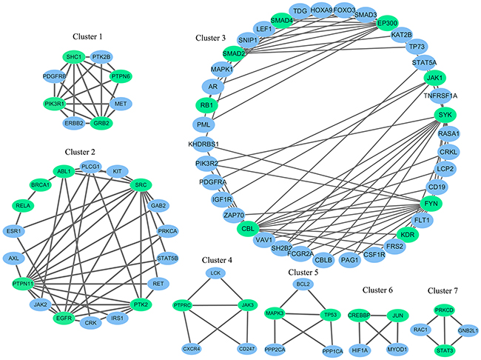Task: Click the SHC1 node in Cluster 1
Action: coord(73,57)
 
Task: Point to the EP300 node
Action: coord(388,23)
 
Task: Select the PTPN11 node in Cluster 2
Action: coord(26,284)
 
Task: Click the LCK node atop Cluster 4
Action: coord(216,273)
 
